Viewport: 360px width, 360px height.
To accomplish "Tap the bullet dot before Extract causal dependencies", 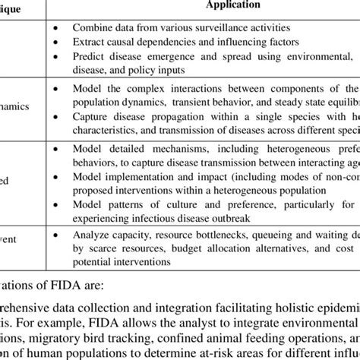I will (x=56, y=43).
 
